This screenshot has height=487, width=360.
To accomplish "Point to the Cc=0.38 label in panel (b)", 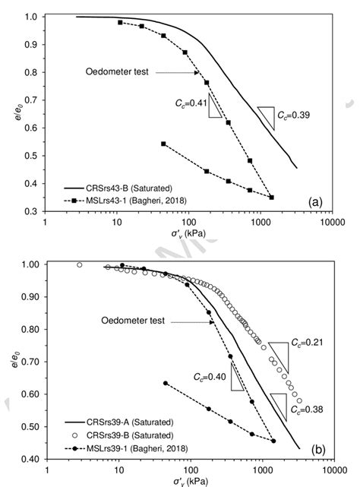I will coord(308,409).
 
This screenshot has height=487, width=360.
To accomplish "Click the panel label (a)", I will coord(315,201).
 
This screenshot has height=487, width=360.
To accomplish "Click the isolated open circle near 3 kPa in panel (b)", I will coord(80,265).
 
